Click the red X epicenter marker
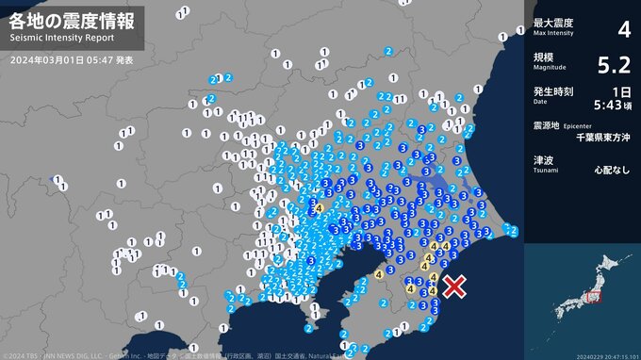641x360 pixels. (x=455, y=286)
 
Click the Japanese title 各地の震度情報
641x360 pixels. (x=73, y=20)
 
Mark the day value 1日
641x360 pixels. (x=621, y=91)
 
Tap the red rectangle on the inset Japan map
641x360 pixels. (x=593, y=298)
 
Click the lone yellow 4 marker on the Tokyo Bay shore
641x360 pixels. (x=378, y=274)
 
